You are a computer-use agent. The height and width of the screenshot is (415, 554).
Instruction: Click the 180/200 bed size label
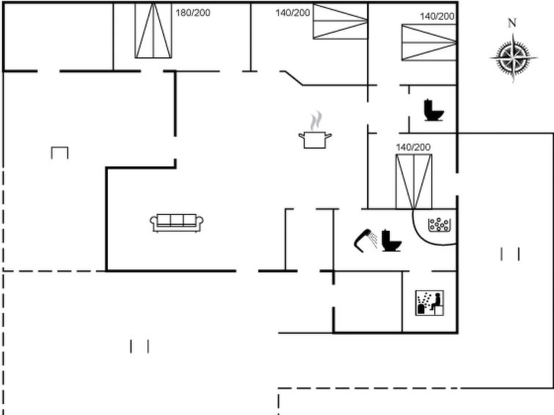point(193,12)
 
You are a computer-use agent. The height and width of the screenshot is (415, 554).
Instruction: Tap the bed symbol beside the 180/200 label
point(153,30)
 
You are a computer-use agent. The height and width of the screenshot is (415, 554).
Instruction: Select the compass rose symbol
point(514,58)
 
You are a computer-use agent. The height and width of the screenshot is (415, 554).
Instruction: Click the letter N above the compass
point(512,23)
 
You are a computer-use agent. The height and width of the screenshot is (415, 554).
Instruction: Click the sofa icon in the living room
point(177,223)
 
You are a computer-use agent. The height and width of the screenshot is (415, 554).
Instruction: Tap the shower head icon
point(365,240)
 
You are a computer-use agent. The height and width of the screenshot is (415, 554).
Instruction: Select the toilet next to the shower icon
point(392,240)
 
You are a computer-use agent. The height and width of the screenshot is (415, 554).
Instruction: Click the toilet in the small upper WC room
point(434,110)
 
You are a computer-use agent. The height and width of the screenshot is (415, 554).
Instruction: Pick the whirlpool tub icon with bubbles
point(440,225)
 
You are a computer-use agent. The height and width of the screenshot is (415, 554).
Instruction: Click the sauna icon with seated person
point(430,303)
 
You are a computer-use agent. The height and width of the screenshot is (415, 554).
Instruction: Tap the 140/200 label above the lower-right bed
point(413,147)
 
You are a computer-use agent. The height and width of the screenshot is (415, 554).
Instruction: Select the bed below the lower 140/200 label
point(414,182)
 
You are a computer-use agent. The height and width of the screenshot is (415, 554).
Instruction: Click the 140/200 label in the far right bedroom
point(437,16)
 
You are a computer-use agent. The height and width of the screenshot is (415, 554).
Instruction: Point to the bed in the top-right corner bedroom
point(429,43)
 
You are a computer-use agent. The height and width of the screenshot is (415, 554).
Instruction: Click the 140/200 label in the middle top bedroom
point(293,12)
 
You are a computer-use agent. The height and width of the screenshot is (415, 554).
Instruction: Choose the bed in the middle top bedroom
point(340,21)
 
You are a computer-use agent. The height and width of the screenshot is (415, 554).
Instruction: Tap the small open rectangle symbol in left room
point(59,153)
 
